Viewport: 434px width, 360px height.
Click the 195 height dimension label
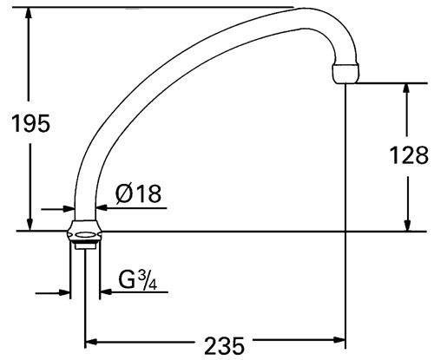click(x=30, y=123)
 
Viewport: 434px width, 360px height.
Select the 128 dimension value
click(x=409, y=155)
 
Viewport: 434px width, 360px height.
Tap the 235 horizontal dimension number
click(x=224, y=345)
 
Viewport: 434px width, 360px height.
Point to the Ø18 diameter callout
click(x=138, y=193)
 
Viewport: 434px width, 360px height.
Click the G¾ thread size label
click(x=138, y=279)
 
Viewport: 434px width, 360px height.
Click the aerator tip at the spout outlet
click(x=345, y=74)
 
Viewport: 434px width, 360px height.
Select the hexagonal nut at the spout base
click(x=84, y=232)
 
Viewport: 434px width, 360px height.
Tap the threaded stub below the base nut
click(x=85, y=246)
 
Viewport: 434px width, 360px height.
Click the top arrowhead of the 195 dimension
click(x=29, y=13)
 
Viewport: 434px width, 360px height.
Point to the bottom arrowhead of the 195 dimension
click(x=30, y=225)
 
